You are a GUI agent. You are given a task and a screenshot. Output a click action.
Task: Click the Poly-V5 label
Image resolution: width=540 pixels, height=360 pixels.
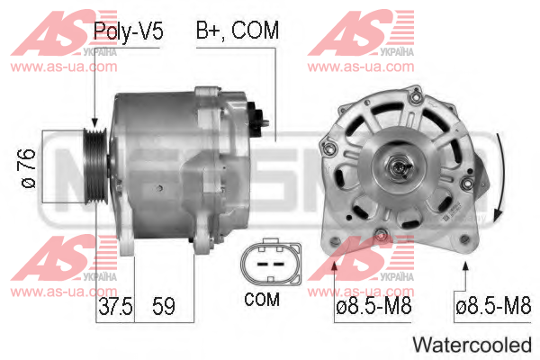[x=128, y=31]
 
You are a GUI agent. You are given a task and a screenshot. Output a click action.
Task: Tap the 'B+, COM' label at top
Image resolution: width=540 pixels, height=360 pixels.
[x=238, y=31]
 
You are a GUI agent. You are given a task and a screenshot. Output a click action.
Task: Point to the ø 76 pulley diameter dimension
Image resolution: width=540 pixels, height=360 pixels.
[x=29, y=168]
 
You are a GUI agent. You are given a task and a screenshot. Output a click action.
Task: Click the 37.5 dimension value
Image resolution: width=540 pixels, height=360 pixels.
[x=115, y=306]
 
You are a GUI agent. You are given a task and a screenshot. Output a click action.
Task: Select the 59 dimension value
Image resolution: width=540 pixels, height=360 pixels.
[x=164, y=306]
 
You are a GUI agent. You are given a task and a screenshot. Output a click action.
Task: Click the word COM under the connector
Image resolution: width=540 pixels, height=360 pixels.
[x=262, y=300]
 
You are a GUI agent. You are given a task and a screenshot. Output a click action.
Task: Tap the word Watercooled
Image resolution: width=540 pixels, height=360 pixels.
[x=472, y=345]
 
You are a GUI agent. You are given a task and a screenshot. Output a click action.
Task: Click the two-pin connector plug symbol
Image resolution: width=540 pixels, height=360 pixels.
[x=271, y=263]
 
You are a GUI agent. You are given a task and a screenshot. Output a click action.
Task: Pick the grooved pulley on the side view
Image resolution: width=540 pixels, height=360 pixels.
[x=96, y=166]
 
